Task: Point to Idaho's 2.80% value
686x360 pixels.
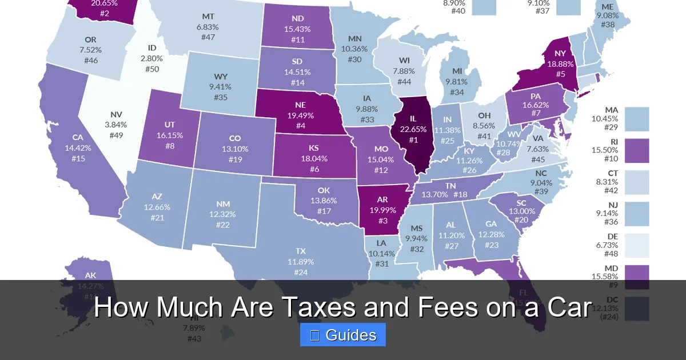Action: point(151,58)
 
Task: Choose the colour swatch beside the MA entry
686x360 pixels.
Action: point(636,119)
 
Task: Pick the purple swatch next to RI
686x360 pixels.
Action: point(636,151)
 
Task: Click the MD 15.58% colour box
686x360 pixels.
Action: point(636,278)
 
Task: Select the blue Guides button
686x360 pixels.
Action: point(343,335)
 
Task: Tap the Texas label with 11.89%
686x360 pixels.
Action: point(301,261)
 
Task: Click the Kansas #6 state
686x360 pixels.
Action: point(313,158)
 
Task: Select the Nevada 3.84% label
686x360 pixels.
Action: point(116,125)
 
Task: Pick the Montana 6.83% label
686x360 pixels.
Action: point(208,26)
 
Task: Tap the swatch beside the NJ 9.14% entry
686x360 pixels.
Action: point(636,214)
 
